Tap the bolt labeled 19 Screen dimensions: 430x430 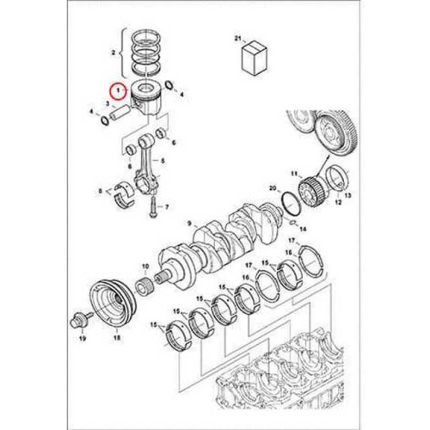(x=81, y=323)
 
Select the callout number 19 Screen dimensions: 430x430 (x=83, y=341)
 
